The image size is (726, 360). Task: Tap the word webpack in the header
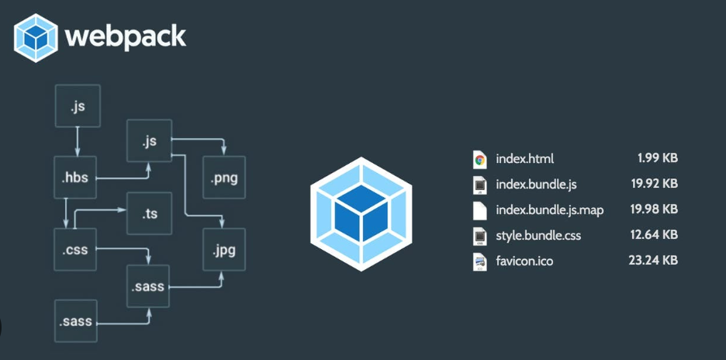click(x=125, y=36)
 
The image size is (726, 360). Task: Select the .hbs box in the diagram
click(x=77, y=178)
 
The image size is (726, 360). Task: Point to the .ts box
click(x=149, y=213)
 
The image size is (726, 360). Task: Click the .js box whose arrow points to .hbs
click(x=77, y=106)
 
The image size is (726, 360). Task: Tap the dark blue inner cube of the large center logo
click(x=362, y=215)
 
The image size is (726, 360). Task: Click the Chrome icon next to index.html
click(x=479, y=160)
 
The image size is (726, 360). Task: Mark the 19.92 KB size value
click(x=654, y=184)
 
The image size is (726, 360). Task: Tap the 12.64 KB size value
click(x=654, y=234)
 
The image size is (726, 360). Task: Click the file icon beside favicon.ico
click(x=479, y=261)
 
